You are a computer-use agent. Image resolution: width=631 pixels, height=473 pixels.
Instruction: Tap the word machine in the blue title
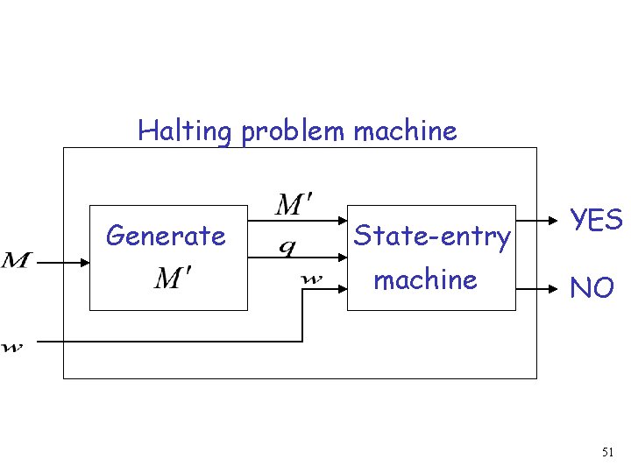click(405, 131)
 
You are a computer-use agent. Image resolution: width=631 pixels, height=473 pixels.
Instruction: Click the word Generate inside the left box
click(166, 236)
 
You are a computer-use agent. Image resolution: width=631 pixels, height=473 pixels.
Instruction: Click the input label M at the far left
click(17, 260)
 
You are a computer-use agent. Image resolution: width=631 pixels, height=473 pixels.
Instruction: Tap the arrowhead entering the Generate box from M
click(84, 261)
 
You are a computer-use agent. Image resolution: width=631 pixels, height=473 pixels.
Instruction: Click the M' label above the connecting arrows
click(294, 207)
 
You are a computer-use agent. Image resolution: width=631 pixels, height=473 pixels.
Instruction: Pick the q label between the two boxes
click(287, 248)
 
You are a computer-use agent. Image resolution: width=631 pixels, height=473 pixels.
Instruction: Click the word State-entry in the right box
click(431, 236)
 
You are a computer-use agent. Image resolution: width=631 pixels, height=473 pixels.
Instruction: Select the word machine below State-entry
click(426, 279)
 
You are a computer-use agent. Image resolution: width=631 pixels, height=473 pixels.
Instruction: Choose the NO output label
click(592, 287)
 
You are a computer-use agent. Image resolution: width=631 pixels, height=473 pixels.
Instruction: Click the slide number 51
click(607, 453)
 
